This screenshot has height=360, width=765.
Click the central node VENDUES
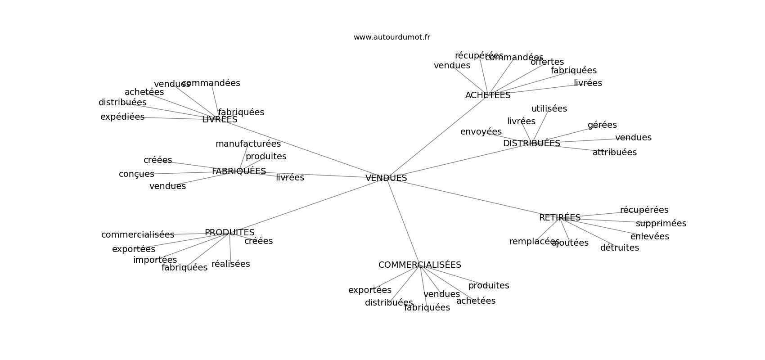[386, 178]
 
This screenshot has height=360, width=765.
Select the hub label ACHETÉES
[488, 95]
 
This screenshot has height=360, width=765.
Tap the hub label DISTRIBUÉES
[531, 144]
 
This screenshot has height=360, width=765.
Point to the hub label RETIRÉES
[560, 218]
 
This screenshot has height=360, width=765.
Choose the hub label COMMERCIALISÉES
[420, 265]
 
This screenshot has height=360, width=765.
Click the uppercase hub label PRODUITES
[229, 233]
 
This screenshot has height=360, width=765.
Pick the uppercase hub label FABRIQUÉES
[239, 171]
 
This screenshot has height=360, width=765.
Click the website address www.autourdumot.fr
[391, 37]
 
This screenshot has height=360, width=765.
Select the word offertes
[547, 62]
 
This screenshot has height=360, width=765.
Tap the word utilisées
[549, 109]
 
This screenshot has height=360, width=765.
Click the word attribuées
[614, 153]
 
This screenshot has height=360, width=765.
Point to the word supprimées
[661, 224]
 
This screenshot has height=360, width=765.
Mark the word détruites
[619, 248]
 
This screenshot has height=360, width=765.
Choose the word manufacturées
[248, 144]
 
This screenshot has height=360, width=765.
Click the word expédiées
[122, 117]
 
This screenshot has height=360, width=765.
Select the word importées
[155, 260]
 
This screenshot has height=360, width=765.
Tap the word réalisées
[230, 264]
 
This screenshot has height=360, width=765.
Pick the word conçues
[136, 174]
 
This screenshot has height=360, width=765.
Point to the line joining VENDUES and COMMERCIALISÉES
[403, 222]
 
